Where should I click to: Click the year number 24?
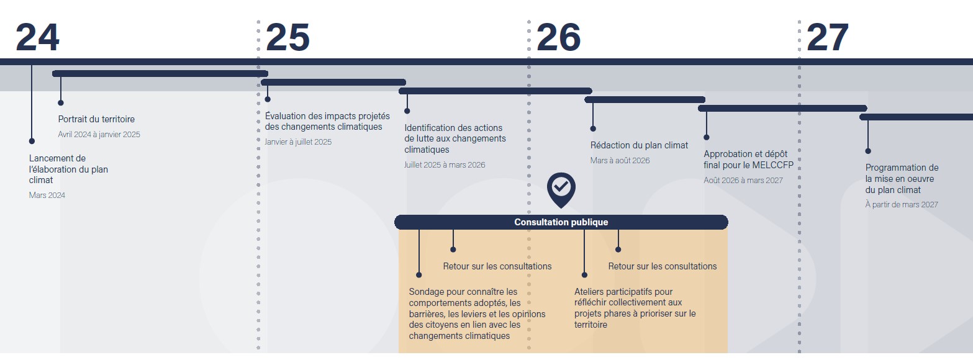[x=37, y=38]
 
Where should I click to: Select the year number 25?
[x=287, y=38]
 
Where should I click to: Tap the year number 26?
[x=558, y=38]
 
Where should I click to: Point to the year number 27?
[x=827, y=38]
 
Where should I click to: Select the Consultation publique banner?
[x=561, y=222]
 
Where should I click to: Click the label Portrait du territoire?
[x=96, y=119]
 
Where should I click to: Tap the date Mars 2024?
[x=47, y=196]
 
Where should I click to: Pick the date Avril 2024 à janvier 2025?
[x=99, y=135]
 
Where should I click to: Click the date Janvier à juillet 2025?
[x=298, y=142]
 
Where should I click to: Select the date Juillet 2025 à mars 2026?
[x=445, y=165]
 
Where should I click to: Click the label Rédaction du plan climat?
[x=639, y=145]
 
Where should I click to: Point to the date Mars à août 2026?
[x=620, y=161]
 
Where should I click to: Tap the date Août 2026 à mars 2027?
[x=743, y=181]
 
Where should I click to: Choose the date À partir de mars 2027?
[x=902, y=205]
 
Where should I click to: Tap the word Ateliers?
[x=591, y=292]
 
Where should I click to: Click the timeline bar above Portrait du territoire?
[x=160, y=73]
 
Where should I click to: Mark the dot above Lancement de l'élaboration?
[x=32, y=141]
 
